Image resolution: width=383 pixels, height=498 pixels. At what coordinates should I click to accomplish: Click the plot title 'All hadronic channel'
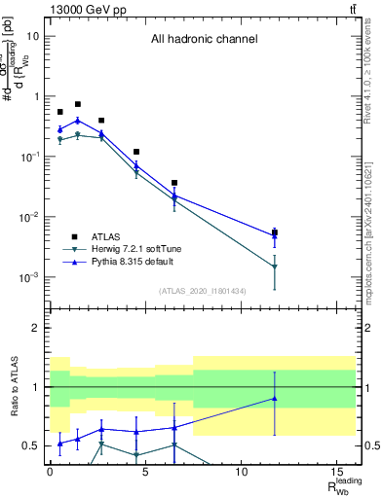204,40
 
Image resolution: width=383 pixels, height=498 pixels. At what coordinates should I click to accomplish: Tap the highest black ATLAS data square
78,104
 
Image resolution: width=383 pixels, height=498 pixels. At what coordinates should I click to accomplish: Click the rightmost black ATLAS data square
275,233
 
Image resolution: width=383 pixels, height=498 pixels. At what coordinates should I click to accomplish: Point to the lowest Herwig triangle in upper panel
275,267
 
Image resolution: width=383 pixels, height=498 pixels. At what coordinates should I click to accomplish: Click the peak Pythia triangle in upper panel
78,121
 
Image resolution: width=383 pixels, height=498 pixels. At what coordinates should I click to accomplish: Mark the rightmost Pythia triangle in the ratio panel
275,398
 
